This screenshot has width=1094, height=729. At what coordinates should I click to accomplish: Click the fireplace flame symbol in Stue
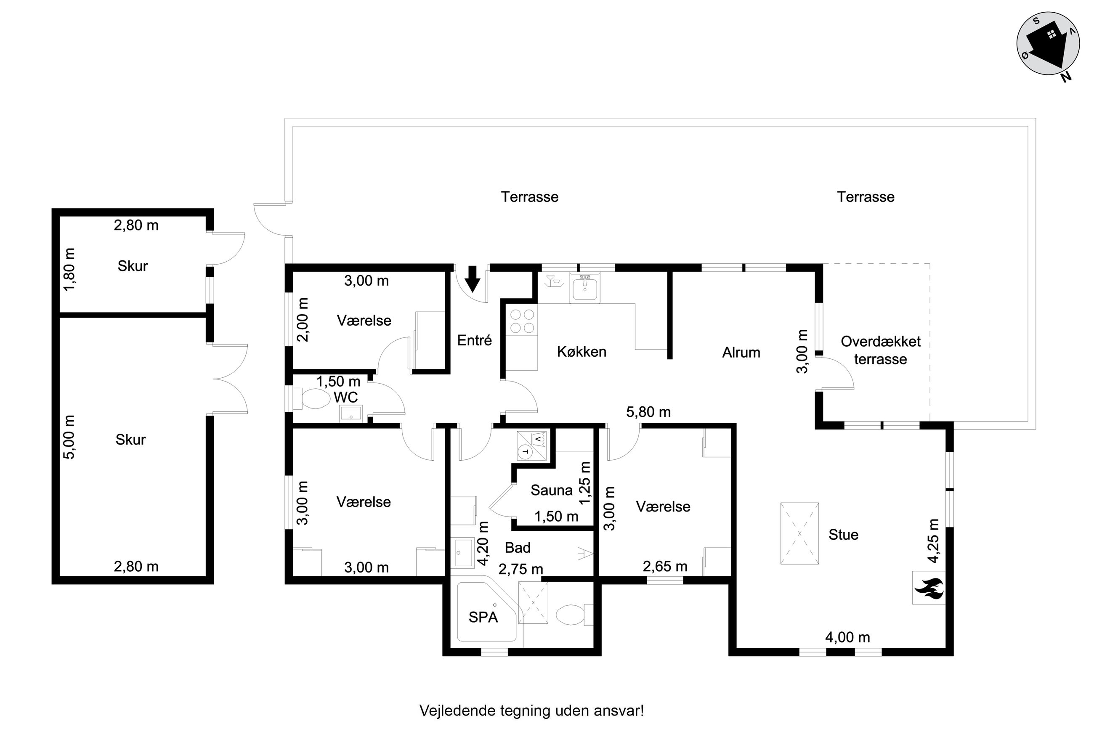click(x=928, y=588)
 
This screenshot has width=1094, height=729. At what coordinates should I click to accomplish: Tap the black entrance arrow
click(x=473, y=278)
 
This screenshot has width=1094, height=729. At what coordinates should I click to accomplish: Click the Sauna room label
click(x=551, y=490)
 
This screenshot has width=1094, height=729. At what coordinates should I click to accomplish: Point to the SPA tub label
click(x=483, y=618)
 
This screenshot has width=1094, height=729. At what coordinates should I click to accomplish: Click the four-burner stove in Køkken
click(x=522, y=321)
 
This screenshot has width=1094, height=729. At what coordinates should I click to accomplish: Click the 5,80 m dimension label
click(x=648, y=412)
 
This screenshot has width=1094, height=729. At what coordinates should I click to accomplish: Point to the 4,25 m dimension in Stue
click(x=933, y=540)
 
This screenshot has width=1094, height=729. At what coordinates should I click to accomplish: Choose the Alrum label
click(x=741, y=353)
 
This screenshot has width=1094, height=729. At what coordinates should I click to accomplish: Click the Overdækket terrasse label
click(x=880, y=350)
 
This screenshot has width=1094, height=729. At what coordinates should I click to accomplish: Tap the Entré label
click(x=474, y=340)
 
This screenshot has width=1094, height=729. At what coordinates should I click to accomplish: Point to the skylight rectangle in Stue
click(x=799, y=533)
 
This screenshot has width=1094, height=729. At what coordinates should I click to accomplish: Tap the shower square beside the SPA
click(x=533, y=602)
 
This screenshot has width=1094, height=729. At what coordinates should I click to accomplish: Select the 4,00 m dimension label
click(x=847, y=637)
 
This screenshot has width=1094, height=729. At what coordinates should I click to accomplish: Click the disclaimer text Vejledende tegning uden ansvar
click(x=532, y=710)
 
